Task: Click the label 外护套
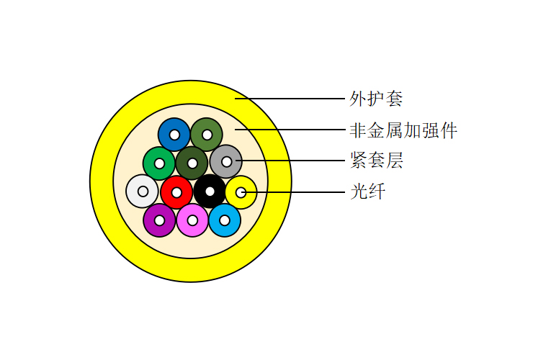tap(376, 99)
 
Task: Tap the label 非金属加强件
tap(403, 130)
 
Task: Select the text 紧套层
tap(376, 161)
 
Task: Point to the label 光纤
tap(367, 192)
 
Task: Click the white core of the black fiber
tap(210, 192)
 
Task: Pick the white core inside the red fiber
tap(176, 193)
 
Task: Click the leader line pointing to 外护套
tap(290, 99)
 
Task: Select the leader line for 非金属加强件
tap(290, 130)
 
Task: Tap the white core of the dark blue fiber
tap(174, 135)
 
